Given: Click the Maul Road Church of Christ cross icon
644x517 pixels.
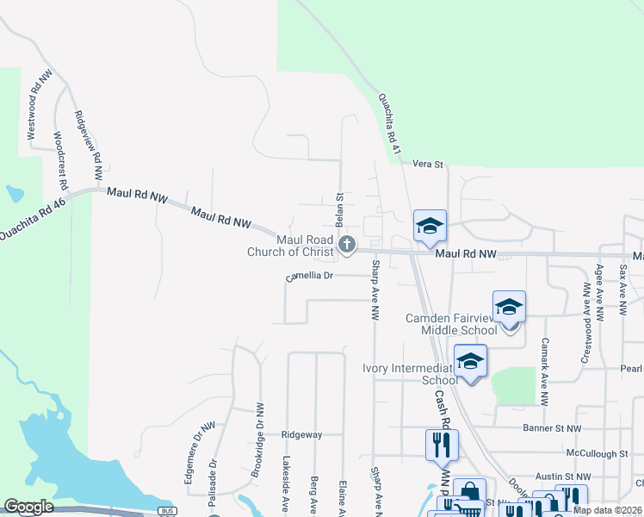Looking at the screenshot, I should tap(346, 246).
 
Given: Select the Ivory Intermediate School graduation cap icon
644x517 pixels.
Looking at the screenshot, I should tap(470, 361).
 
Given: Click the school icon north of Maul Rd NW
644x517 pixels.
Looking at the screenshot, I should tap(430, 227).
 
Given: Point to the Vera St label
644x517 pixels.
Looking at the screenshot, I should tap(427, 163).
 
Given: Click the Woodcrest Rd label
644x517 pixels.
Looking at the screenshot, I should tap(60, 160).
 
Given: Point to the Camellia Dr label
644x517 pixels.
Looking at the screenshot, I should tap(309, 277).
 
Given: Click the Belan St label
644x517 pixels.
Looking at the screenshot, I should tap(340, 209).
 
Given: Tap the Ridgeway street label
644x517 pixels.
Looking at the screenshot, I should tap(299, 435).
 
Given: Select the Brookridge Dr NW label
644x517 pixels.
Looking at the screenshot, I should tap(257, 440).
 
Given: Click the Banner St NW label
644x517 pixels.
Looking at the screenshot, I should tap(552, 428).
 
